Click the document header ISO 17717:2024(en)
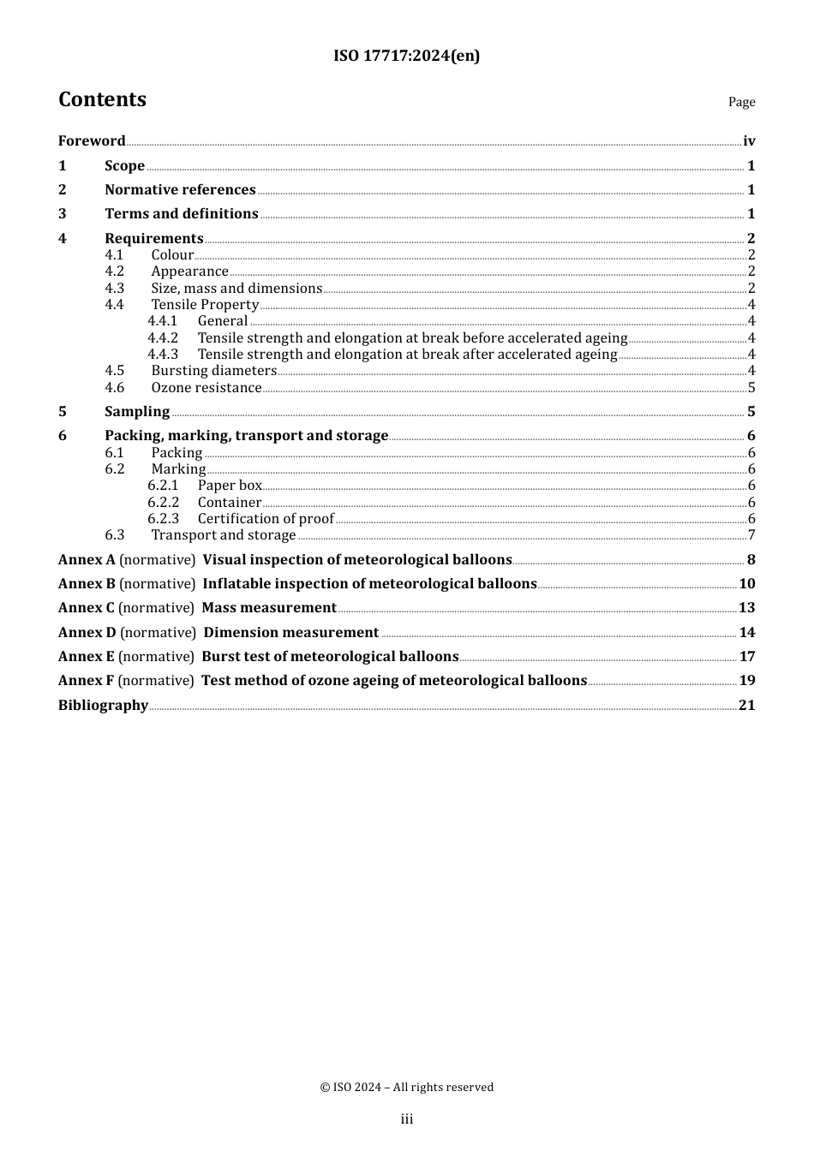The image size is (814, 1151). (x=406, y=56)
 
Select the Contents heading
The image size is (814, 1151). (x=102, y=99)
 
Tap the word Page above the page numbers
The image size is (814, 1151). (x=741, y=102)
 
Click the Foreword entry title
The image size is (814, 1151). (x=92, y=141)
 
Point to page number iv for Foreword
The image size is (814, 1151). (x=749, y=141)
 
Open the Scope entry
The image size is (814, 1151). (x=124, y=166)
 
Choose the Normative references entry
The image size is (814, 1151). (x=180, y=190)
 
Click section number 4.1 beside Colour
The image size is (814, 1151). (x=114, y=255)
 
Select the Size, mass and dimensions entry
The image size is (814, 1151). (x=236, y=289)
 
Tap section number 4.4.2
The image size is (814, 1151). (x=162, y=338)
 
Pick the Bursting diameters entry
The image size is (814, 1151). (x=213, y=371)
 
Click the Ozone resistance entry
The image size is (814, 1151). (x=206, y=388)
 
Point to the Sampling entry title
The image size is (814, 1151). (x=137, y=412)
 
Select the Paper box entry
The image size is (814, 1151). (x=230, y=486)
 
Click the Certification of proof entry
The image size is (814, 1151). (x=266, y=519)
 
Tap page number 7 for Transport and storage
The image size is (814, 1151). (x=751, y=535)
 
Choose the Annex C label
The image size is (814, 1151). (x=86, y=608)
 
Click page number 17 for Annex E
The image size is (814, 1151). (x=747, y=657)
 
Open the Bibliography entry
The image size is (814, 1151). (x=103, y=706)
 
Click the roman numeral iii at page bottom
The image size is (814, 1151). (x=407, y=1119)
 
